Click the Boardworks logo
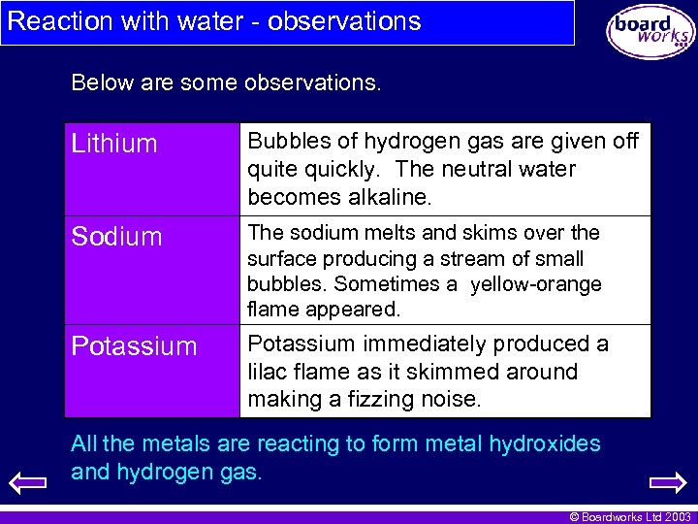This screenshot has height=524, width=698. coord(650,30)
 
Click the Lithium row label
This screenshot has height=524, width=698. coord(114,145)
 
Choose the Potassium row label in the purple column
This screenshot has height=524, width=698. coord(134,346)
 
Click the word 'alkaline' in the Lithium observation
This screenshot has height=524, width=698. coord(383,197)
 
